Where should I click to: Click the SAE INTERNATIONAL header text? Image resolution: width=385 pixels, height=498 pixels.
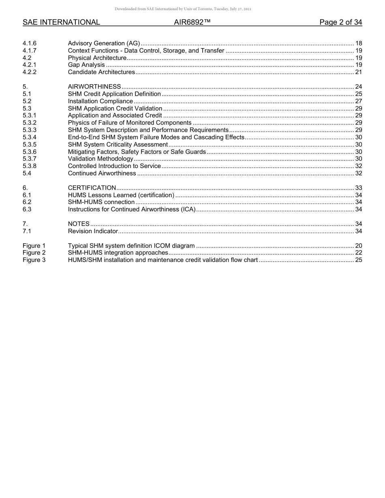(61, 22)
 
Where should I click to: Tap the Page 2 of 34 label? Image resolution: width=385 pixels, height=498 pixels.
(340, 22)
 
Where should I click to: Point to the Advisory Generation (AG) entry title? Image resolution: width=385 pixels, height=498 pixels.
(104, 43)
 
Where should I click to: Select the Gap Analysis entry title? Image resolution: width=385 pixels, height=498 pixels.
(86, 65)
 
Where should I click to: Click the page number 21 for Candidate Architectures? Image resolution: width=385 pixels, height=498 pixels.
(358, 72)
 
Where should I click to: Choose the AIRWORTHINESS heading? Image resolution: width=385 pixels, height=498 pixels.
(94, 87)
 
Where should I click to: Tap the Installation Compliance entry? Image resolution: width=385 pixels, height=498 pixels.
(100, 101)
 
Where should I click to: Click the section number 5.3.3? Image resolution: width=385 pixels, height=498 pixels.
(30, 130)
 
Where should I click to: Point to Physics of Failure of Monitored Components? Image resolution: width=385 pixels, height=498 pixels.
(130, 123)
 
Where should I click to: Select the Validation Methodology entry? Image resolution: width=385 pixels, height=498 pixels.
(101, 159)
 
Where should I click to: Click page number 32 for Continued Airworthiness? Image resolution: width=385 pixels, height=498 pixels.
(358, 173)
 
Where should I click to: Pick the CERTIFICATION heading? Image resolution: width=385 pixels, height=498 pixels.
(92, 188)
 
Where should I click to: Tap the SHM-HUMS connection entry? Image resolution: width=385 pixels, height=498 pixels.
(101, 202)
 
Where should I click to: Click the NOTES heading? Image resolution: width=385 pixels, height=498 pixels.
(79, 224)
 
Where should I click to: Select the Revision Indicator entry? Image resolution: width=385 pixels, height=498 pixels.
(93, 231)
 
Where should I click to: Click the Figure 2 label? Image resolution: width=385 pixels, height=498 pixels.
(34, 253)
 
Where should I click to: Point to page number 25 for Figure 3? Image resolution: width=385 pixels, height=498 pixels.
(358, 260)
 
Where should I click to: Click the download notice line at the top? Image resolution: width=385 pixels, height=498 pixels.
(183, 9)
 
